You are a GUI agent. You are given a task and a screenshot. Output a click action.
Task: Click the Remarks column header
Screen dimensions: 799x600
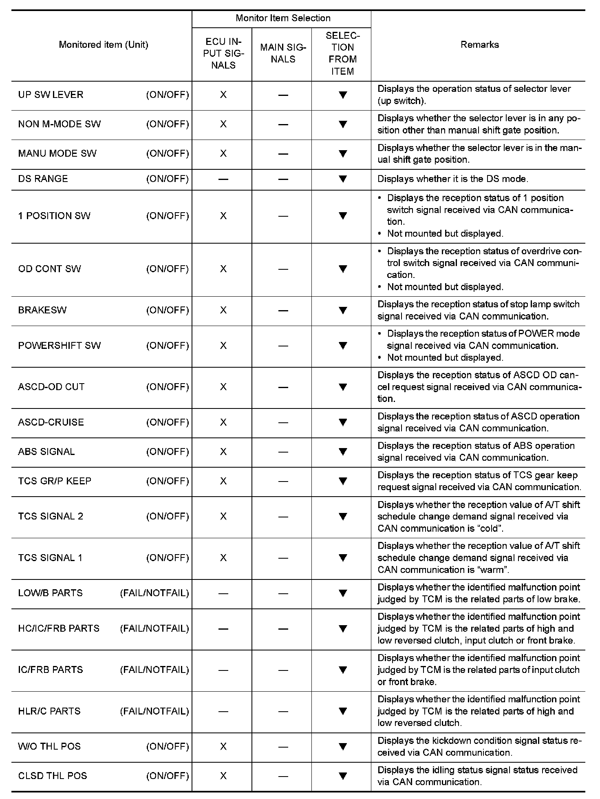click(479, 44)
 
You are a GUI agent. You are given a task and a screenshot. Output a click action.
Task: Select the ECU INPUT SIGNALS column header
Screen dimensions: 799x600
click(223, 53)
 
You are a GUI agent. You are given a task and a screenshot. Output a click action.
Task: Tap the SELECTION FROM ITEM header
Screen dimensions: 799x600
click(342, 53)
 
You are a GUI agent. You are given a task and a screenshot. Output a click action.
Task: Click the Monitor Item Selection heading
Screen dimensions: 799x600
click(283, 18)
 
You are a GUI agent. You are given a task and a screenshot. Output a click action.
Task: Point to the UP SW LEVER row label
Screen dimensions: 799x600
click(51, 95)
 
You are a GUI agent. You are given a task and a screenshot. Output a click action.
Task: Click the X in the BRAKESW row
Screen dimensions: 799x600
click(223, 310)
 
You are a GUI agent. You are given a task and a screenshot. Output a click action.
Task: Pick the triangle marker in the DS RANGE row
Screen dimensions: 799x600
click(343, 179)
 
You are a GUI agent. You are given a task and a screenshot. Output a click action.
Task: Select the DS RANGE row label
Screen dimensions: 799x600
click(43, 179)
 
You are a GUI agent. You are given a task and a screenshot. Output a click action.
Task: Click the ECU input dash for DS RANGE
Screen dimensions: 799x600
click(223, 179)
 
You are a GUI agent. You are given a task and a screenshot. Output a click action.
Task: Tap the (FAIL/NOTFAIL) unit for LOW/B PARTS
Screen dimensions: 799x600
click(154, 593)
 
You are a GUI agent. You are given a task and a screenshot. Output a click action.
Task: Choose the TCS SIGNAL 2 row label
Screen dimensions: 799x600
click(51, 516)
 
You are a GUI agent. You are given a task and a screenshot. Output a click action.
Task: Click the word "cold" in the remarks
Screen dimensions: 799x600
click(489, 528)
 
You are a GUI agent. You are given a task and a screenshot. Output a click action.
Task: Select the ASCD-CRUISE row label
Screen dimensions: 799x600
click(51, 422)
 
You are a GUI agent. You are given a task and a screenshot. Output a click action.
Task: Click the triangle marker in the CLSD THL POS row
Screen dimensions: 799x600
click(343, 776)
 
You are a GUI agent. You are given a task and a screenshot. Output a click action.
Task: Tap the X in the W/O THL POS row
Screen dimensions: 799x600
click(223, 746)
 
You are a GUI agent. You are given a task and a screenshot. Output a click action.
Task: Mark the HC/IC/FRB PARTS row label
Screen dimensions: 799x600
click(59, 628)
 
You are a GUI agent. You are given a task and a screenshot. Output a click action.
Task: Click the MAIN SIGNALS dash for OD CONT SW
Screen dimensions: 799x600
click(283, 269)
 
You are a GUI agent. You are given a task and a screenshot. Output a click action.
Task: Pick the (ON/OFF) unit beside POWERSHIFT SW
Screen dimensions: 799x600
click(168, 346)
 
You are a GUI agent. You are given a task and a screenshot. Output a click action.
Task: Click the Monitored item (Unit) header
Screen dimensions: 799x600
click(104, 44)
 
